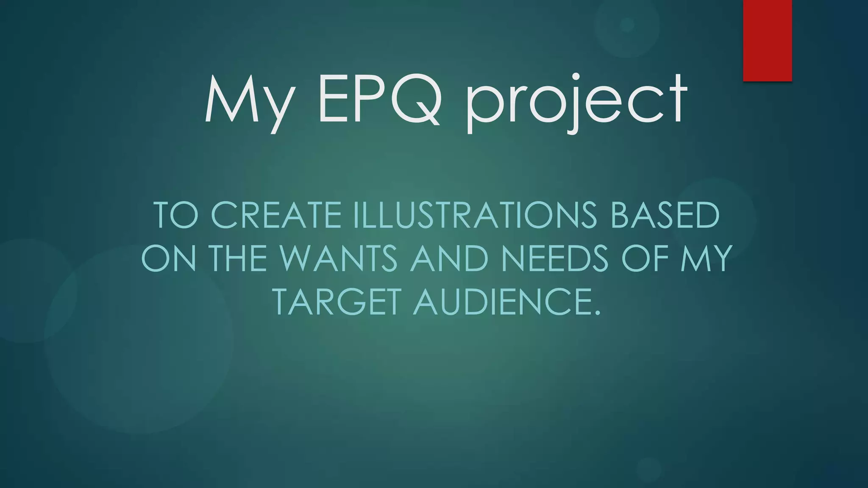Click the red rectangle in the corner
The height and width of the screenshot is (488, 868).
(x=767, y=40)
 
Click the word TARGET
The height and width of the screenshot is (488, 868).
(x=337, y=302)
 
